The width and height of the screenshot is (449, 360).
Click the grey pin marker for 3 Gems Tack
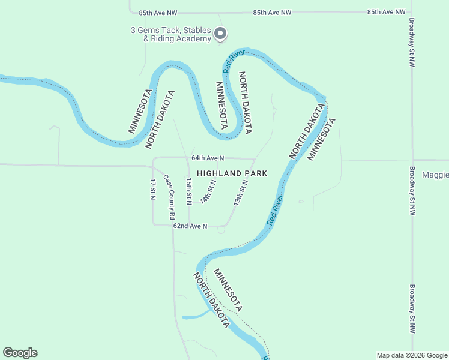point(220,34)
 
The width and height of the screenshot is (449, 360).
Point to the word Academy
point(194,39)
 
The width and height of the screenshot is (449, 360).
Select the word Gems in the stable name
point(149,31)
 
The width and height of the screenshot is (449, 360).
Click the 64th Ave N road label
point(208,158)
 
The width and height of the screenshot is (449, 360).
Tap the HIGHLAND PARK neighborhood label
point(232,173)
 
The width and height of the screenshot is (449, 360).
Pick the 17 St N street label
point(153,188)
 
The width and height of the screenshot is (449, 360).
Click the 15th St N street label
point(188,188)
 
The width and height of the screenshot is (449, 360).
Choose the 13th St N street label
point(241,193)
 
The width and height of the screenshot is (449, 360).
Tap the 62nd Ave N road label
point(190,226)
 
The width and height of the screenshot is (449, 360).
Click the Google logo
point(20,353)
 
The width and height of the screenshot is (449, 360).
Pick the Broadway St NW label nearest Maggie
point(412,191)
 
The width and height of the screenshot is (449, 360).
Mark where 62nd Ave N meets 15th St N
point(190,226)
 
